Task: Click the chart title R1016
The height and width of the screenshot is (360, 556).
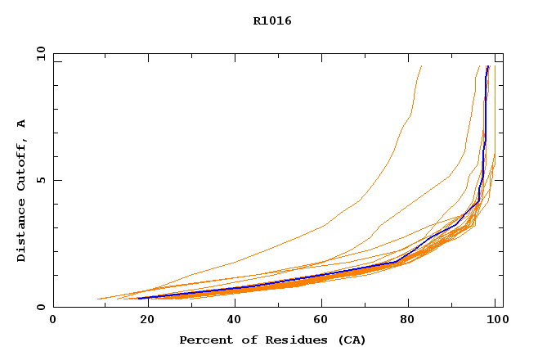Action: click(272, 21)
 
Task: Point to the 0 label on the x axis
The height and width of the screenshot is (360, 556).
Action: click(53, 321)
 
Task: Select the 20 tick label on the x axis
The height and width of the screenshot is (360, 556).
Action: click(142, 321)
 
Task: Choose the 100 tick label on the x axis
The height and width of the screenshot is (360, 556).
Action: click(496, 321)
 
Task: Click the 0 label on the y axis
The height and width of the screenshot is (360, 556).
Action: click(41, 307)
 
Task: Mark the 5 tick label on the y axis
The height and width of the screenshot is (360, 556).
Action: click(41, 180)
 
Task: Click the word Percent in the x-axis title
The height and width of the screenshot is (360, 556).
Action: click(204, 340)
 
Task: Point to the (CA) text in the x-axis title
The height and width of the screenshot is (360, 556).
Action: click(351, 340)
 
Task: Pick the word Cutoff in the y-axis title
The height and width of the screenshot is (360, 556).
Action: click(22, 163)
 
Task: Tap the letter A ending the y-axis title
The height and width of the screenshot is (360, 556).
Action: click(22, 123)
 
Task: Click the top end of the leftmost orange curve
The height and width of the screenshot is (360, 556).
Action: click(421, 66)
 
